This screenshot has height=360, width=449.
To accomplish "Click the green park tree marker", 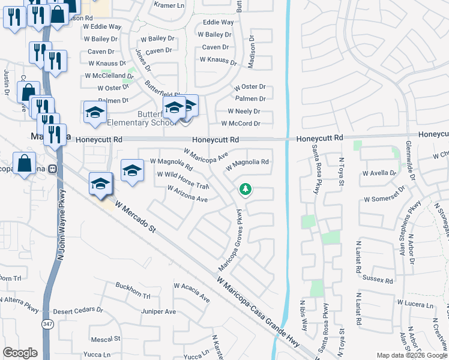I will (246, 190).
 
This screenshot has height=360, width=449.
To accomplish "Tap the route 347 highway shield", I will (46, 324).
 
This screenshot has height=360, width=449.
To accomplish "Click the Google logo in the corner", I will (20, 353).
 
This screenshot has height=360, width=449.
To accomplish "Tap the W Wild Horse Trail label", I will (182, 179).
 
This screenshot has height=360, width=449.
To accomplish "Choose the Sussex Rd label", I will (378, 280).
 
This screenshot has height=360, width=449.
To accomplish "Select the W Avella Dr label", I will (380, 173).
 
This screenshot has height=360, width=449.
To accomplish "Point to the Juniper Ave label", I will (158, 311).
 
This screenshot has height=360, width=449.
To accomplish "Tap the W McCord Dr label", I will (241, 124).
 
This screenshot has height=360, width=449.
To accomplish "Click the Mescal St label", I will (105, 338).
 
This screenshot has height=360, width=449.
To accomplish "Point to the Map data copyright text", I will (412, 355).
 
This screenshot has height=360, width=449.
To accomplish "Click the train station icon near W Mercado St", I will (52, 169).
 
